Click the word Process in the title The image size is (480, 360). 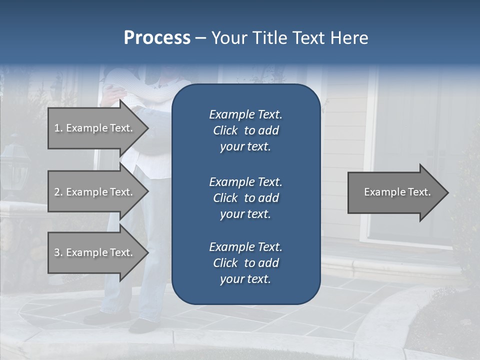coord(157,38)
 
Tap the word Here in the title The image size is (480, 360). coord(349,38)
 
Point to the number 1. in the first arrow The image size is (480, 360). coord(58,128)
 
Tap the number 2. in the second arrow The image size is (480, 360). coord(58,192)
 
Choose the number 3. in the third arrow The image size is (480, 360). coord(58,252)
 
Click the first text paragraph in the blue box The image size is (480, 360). coord(245,130)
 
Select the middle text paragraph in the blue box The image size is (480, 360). coord(245,198)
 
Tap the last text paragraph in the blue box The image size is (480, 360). coord(245,263)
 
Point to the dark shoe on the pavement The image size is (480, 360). coord(142,325)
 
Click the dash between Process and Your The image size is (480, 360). coord(200,38)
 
